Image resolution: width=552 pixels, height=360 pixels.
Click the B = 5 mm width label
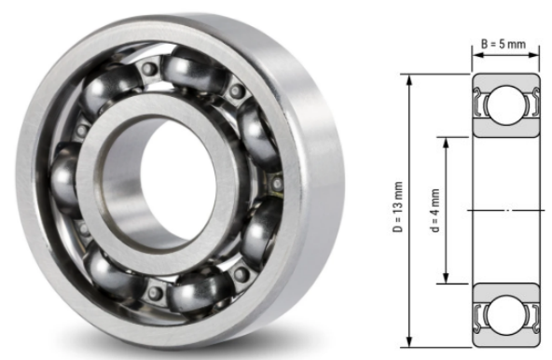pyautogui.click(x=504, y=43)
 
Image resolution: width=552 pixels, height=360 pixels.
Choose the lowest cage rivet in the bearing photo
pyautogui.click(x=154, y=292)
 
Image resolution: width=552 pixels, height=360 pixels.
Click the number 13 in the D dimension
pyautogui.click(x=398, y=200)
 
